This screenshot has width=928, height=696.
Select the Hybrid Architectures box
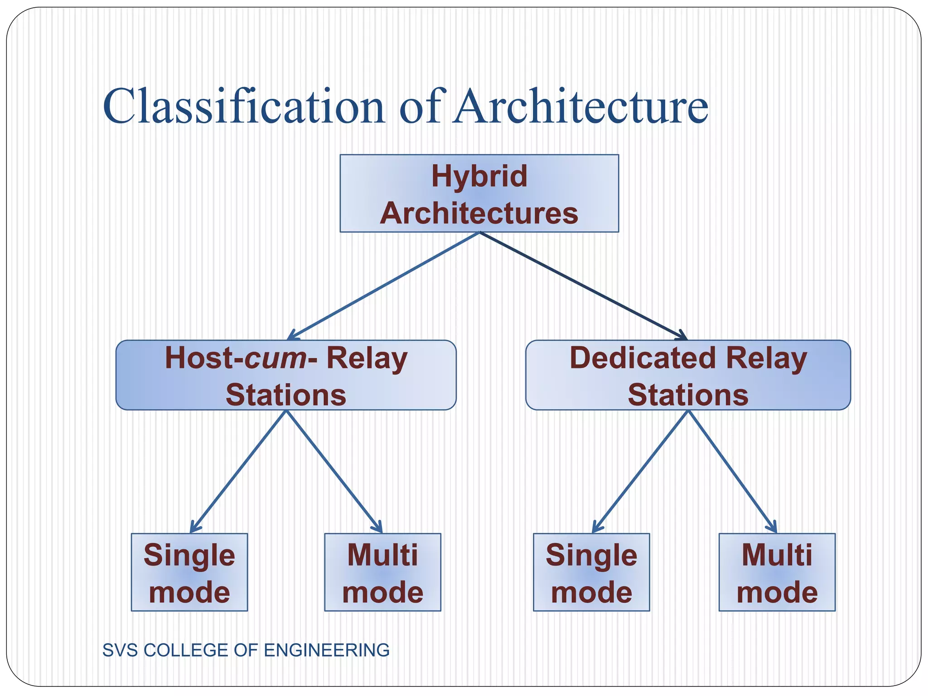coord(479,193)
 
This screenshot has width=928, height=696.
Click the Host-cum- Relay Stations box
coord(286,375)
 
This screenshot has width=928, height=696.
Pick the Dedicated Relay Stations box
coord(688,375)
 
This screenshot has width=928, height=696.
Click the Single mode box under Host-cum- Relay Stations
coord(189,572)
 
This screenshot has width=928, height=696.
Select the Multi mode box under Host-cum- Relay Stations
coord(382,572)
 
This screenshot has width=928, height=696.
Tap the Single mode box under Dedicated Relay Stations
coord(591,572)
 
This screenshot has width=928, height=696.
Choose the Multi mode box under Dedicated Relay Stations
coord(777,572)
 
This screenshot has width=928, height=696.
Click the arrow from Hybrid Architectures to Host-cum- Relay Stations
coord(383,286)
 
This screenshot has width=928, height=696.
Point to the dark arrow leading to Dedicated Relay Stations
coord(584,286)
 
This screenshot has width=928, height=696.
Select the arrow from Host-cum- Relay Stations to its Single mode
coord(238,471)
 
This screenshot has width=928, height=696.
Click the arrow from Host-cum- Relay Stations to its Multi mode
coord(334,471)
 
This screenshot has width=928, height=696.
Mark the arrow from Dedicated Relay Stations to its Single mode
coord(640,471)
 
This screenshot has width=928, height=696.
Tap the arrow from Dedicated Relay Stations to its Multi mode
coord(732,471)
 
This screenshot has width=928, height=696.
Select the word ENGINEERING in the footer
coord(326,650)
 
